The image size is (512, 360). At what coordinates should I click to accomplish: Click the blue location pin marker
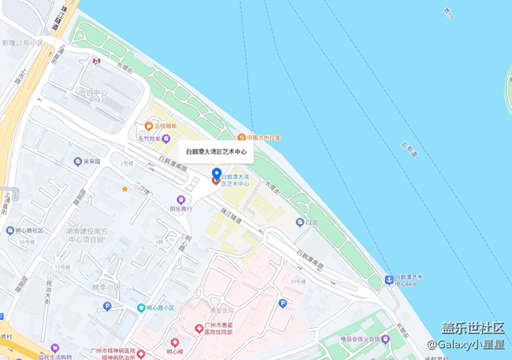tap(217, 173)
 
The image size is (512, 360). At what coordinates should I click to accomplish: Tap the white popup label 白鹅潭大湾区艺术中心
tap(216, 151)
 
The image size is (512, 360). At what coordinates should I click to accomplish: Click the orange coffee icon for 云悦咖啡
tap(147, 125)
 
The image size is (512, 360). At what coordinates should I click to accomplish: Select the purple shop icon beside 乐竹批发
tap(166, 138)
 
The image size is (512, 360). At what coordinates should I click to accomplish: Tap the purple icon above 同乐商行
tap(181, 199)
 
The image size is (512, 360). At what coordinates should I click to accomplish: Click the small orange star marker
tap(124, 189)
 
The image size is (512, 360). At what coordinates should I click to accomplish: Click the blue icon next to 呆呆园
tap(77, 161)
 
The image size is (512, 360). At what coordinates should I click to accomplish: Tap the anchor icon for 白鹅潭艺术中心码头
tap(388, 279)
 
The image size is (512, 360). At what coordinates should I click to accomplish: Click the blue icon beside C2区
tap(299, 222)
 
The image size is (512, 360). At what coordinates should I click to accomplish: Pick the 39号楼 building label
tap(296, 281)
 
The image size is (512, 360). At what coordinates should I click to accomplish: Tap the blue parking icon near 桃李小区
tap(107, 306)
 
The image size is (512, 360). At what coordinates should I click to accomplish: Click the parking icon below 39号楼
tap(282, 303)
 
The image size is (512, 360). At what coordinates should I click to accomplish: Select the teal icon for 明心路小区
tap(141, 308)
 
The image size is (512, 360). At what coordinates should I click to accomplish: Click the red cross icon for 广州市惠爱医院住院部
tap(198, 327)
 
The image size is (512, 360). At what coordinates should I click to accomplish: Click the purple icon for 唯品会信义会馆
tap(386, 339)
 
